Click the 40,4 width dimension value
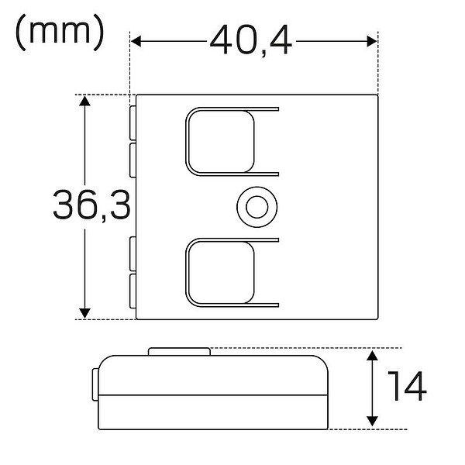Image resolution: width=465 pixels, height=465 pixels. [251, 40]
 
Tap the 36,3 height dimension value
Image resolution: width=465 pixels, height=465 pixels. [91, 205]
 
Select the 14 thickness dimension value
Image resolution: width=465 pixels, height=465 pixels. [407, 386]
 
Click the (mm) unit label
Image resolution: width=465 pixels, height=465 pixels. [60, 32]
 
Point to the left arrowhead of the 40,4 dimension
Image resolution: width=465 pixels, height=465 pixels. [136, 41]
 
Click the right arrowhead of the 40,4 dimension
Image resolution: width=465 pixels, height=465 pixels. [372, 41]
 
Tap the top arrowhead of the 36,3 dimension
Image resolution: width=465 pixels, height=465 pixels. [84, 101]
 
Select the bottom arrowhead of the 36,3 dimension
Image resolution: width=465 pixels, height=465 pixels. [84, 313]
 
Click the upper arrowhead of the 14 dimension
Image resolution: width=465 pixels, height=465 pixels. [372, 355]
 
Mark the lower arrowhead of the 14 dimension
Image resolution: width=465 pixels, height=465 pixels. [372, 422]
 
